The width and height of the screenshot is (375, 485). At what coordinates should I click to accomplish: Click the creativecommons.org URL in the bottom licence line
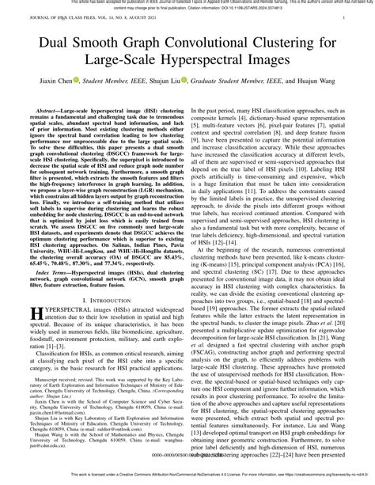pyautogui.click(x=306, y=479)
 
